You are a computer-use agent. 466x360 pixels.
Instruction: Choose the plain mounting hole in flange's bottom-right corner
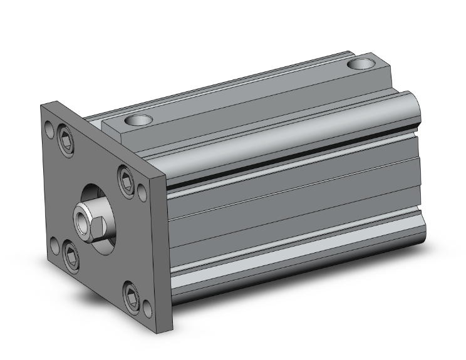coord(147,307)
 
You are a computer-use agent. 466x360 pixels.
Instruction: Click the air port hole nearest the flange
coord(137,120)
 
